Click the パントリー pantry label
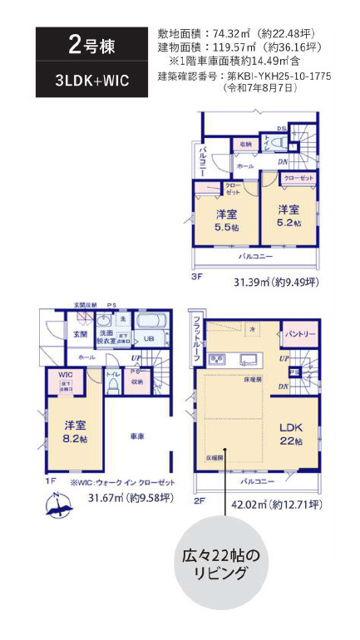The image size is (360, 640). [300, 335]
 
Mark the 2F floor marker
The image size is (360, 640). [200, 502]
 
